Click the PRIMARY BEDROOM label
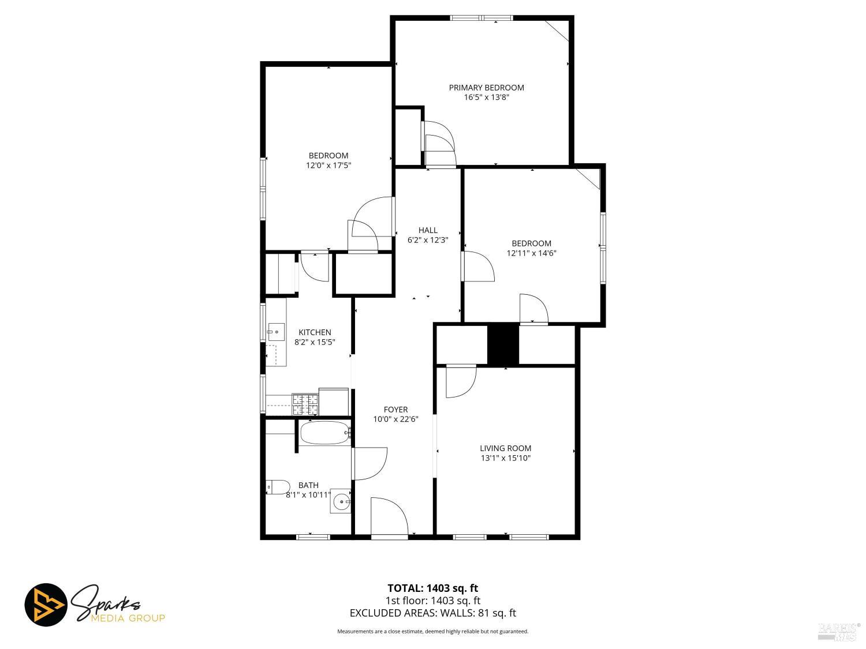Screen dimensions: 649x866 [487, 88]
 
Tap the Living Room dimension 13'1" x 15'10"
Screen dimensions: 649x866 [506, 459]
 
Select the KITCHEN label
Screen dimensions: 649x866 [315, 332]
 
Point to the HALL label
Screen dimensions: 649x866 [428, 230]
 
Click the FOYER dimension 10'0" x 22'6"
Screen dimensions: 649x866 [395, 419]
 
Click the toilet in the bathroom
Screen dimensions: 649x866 [278, 487]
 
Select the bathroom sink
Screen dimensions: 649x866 [342, 502]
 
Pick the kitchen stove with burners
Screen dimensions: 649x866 [305, 404]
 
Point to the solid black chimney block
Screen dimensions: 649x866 [503, 345]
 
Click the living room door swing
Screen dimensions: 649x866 [460, 381]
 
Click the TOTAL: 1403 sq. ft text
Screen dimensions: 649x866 [432, 588]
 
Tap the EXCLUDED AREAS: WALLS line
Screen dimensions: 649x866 [432, 613]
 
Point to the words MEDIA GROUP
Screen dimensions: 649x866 [128, 618]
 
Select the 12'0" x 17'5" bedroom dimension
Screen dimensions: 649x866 [329, 166]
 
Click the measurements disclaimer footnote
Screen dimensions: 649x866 [432, 632]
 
